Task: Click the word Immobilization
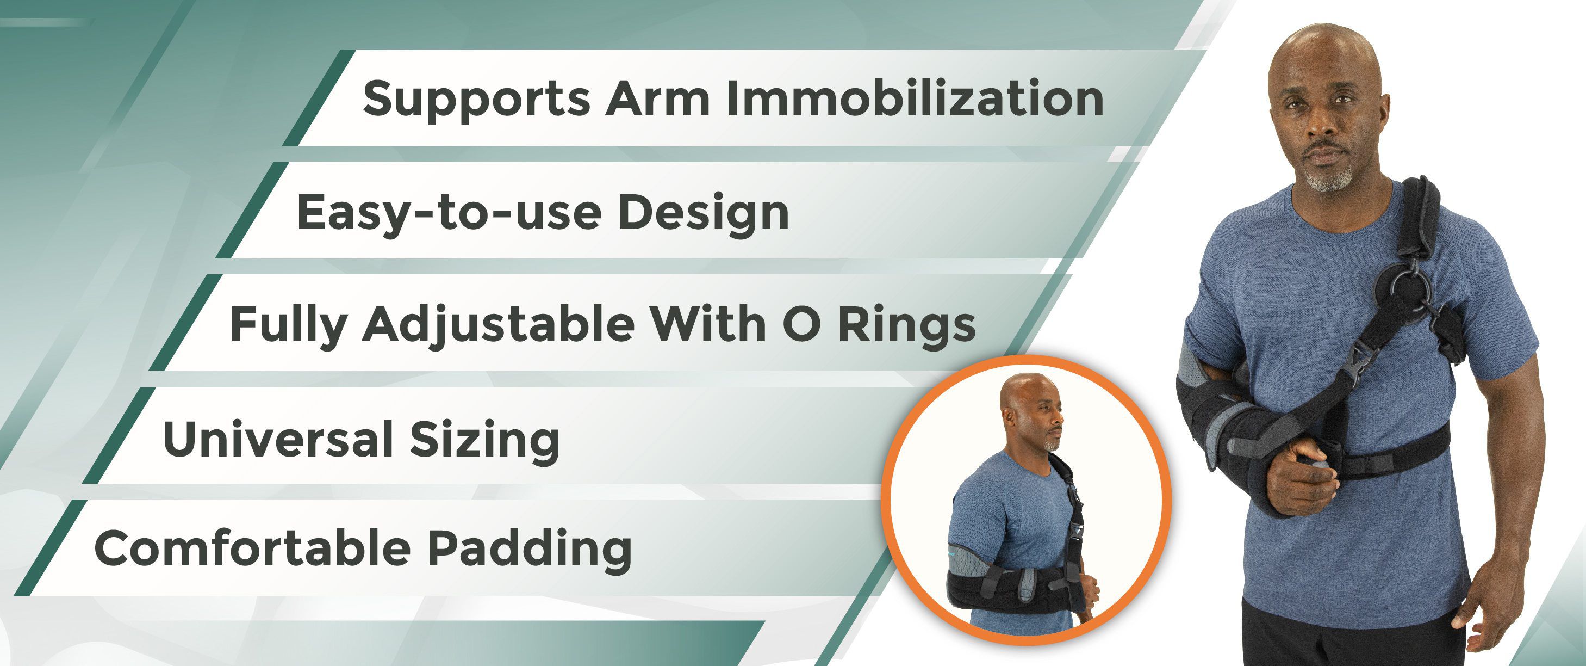click(915, 98)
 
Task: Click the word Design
click(702, 213)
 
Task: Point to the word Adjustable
click(498, 325)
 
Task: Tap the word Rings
click(906, 325)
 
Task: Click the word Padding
click(530, 549)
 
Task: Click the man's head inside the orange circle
click(1027, 410)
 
